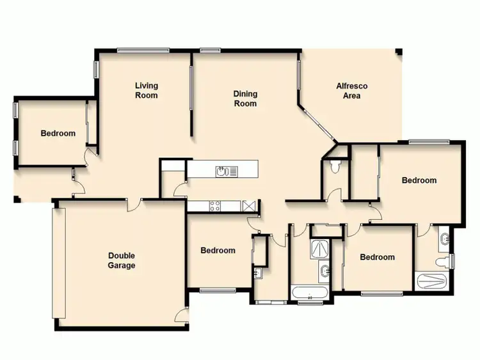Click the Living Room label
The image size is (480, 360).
tap(147, 90)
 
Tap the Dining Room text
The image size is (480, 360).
tap(245, 98)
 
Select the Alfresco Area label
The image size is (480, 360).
tap(351, 91)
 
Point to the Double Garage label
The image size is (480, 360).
tap(121, 260)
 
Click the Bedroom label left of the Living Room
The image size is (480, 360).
tap(58, 134)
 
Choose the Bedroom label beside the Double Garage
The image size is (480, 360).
tap(218, 251)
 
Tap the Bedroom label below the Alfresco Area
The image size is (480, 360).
tap(419, 180)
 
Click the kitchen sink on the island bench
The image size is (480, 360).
tap(221, 171)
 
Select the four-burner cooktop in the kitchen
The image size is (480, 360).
tap(215, 206)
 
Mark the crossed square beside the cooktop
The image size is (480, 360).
tap(249, 206)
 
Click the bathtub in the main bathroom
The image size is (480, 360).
tap(309, 293)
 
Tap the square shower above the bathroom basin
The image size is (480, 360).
tap(318, 249)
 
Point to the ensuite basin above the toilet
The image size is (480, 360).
tap(444, 240)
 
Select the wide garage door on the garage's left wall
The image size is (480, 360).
tap(60, 262)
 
